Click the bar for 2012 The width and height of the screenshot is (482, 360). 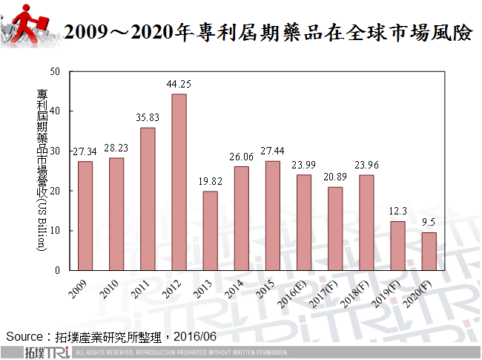tap(179, 182)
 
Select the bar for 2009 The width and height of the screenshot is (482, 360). tap(85, 215)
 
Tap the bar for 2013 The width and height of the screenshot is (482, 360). tap(210, 230)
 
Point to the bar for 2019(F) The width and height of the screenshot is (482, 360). tap(397, 246)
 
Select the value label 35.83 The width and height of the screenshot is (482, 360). tap(148, 118)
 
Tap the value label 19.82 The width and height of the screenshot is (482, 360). tap(210, 182)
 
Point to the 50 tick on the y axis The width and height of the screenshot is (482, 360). tap(54, 71)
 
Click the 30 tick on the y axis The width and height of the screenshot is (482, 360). tap(54, 151)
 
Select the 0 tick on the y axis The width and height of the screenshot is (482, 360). tap(56, 270)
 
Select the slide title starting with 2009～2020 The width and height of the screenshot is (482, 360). tap(267, 33)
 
